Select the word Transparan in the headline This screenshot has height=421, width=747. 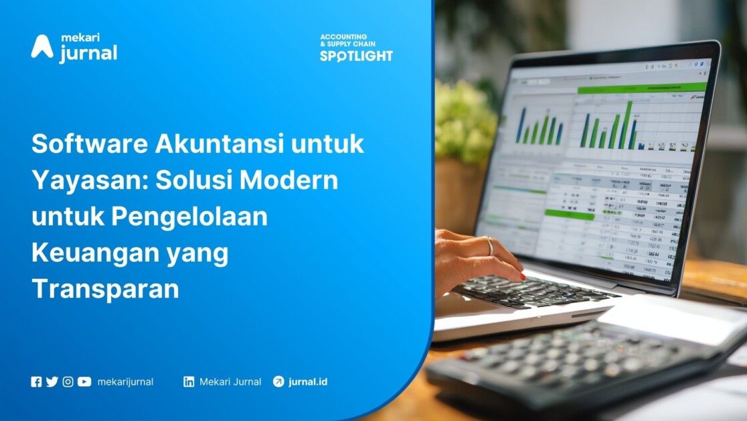point(105,289)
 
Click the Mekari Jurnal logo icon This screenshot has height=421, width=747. point(41,47)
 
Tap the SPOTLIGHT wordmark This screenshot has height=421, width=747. point(356,56)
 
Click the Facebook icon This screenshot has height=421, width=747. point(36,382)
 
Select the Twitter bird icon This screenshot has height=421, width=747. point(52,382)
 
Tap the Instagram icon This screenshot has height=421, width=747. point(68,382)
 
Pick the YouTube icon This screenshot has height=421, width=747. point(84,382)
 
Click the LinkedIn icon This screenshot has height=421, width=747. point(189,382)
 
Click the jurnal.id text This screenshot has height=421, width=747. point(308,382)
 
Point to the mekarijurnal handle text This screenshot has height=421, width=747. point(125,382)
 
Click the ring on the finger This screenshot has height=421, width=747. point(490,246)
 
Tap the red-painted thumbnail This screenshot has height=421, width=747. point(522,275)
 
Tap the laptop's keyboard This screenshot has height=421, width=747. point(529,290)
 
